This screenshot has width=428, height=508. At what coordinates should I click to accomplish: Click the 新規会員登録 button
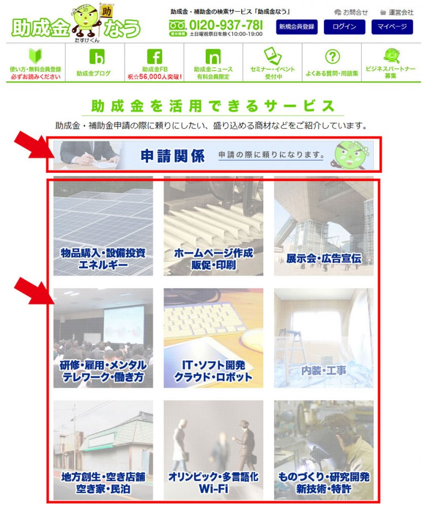tap(297, 26)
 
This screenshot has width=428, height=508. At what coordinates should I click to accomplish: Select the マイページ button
tap(392, 26)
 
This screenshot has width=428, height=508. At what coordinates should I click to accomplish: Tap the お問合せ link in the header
tap(351, 12)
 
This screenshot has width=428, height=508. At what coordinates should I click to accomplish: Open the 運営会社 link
tap(397, 12)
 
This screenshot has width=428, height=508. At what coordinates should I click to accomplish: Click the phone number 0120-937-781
tap(226, 25)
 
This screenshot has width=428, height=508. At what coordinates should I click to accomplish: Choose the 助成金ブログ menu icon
tap(97, 57)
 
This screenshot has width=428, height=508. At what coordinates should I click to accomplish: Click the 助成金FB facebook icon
tap(155, 57)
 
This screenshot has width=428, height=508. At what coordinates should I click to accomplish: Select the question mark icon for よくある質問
tap(332, 57)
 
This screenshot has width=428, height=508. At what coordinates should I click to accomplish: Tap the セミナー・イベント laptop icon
tap(272, 55)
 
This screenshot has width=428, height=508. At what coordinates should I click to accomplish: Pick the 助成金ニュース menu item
tap(213, 64)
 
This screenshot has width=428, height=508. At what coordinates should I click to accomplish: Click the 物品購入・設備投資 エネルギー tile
tap(103, 226)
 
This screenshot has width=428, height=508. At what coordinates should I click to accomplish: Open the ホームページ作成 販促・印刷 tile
tap(213, 226)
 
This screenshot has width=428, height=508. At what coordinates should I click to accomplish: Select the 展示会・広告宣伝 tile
tap(324, 226)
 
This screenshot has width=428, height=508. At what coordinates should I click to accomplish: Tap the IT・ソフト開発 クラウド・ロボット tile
tap(213, 338)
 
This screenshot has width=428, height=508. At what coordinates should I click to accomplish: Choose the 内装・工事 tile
tap(324, 338)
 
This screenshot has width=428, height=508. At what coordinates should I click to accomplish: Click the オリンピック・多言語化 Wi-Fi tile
tap(213, 450)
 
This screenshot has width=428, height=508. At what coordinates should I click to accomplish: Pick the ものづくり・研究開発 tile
tap(324, 450)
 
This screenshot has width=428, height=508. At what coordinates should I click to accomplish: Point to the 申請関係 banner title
tap(172, 156)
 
